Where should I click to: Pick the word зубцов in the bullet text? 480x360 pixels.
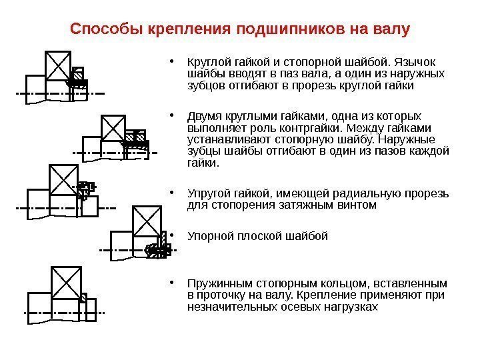(203, 86)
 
